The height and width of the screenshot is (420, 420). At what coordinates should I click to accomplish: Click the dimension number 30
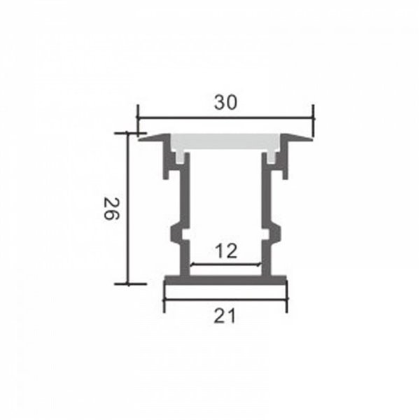(225, 102)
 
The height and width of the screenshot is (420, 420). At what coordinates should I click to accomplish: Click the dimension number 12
(226, 250)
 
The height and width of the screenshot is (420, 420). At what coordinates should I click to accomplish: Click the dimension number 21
(224, 316)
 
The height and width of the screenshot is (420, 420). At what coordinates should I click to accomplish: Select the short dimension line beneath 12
(226, 265)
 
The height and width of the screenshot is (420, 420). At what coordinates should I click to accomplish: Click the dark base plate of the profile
(225, 281)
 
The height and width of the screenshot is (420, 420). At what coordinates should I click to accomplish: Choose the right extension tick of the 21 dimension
(286, 301)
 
